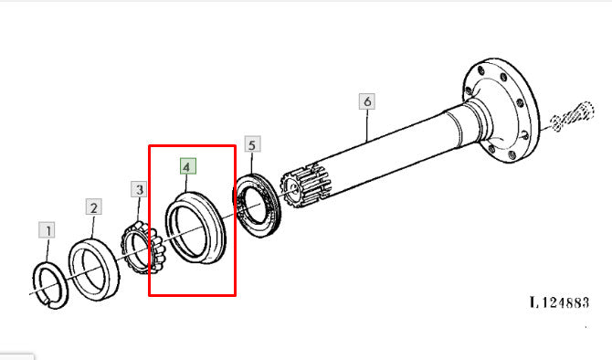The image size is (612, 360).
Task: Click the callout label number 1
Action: click(x=47, y=230)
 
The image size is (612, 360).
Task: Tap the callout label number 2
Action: click(x=94, y=206)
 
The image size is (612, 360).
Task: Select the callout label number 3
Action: click(x=139, y=190)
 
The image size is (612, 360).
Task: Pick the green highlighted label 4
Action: click(x=188, y=166)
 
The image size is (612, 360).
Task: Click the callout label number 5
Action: click(x=252, y=144)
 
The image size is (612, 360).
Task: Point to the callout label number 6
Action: click(x=367, y=101)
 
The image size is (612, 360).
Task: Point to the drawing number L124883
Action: click(x=559, y=302)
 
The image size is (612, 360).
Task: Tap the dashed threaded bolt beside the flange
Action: click(x=573, y=115)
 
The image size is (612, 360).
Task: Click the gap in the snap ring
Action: click(x=47, y=302)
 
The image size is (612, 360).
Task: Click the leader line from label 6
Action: click(x=367, y=125)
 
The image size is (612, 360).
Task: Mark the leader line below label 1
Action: click(x=47, y=249)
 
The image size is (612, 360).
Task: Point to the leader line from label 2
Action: click(x=92, y=227)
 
